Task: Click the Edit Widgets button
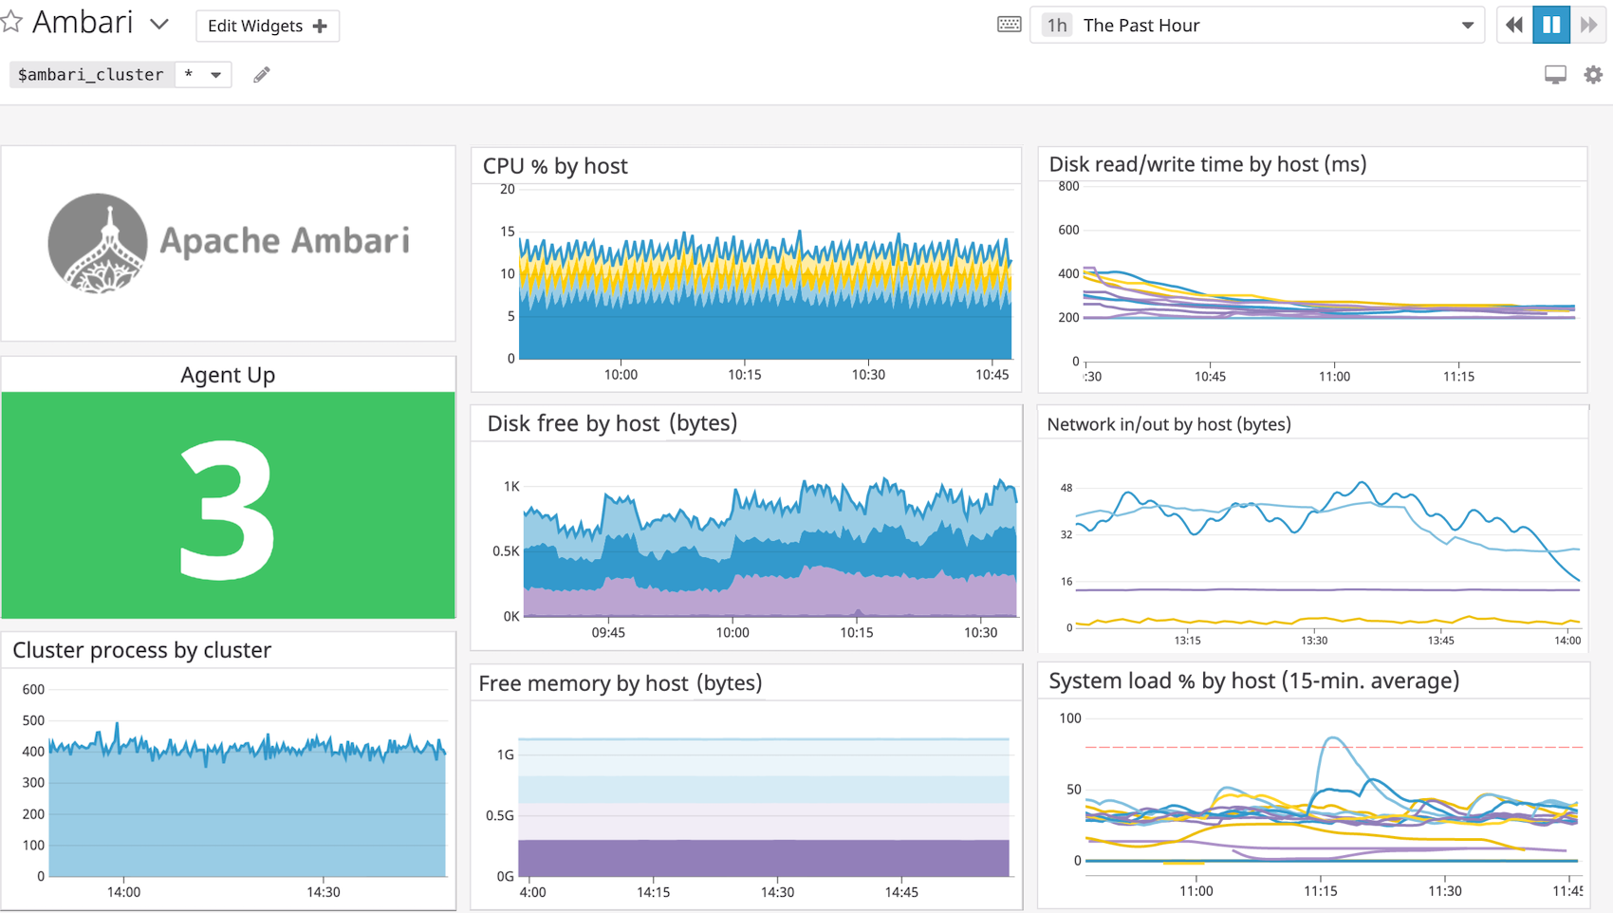pyautogui.click(x=267, y=26)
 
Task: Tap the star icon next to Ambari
pyautogui.click(x=11, y=22)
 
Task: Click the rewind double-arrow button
pyautogui.click(x=1514, y=26)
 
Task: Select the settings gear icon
pyautogui.click(x=1593, y=74)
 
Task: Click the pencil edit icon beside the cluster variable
pyautogui.click(x=262, y=74)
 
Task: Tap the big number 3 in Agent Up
pyautogui.click(x=228, y=510)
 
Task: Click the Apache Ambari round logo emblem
pyautogui.click(x=98, y=243)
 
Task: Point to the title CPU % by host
pyautogui.click(x=555, y=166)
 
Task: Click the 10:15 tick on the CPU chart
pyautogui.click(x=744, y=375)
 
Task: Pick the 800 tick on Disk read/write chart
pyautogui.click(x=1068, y=186)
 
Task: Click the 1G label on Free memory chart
pyautogui.click(x=506, y=755)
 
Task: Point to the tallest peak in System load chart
pyautogui.click(x=1333, y=737)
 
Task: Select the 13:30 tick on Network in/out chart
pyautogui.click(x=1314, y=641)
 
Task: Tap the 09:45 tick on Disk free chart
pyautogui.click(x=608, y=633)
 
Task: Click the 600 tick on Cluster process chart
pyautogui.click(x=33, y=689)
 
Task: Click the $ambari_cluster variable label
pyautogui.click(x=91, y=74)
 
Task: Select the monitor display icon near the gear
pyautogui.click(x=1555, y=74)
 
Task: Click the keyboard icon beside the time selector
pyautogui.click(x=1010, y=25)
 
